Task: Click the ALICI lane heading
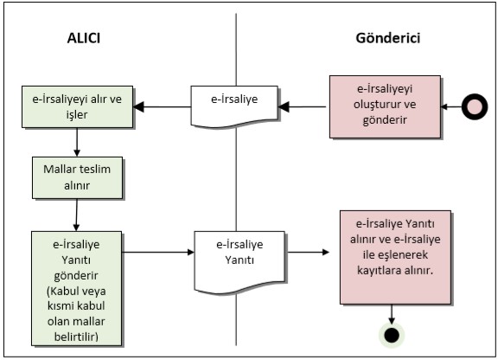point(84,38)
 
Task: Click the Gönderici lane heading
point(388,38)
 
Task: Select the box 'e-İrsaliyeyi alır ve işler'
point(77,106)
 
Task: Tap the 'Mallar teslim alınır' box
point(77,177)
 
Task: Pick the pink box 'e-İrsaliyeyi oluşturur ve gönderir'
point(385,106)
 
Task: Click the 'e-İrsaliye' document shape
point(234,106)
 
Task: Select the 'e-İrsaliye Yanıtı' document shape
point(239,261)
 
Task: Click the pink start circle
point(475,106)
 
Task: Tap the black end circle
point(392,335)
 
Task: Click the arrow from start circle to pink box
point(451,106)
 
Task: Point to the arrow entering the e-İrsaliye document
point(302,106)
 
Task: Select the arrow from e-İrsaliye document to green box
point(162,106)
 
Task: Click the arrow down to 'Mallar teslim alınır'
point(77,143)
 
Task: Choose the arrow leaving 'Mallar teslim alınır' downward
point(77,215)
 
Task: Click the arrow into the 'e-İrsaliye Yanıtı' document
point(158,252)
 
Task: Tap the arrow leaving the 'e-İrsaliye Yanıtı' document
point(308,252)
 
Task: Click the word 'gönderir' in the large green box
point(76,276)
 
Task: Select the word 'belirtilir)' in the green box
point(76,337)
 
